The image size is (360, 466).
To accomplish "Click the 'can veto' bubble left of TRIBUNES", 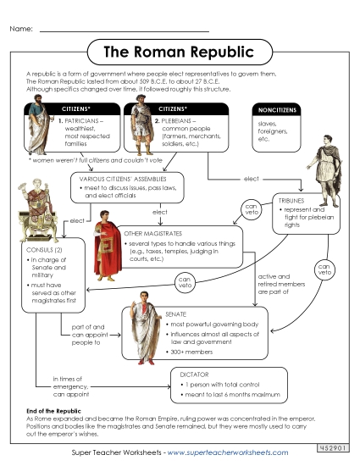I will (x=252, y=208).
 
